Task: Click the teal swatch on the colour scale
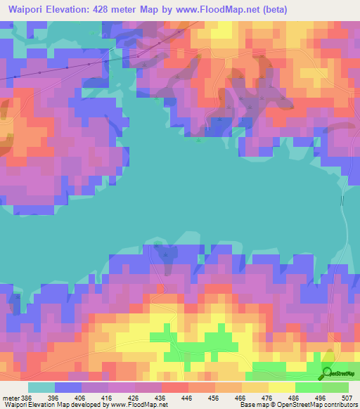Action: [x=41, y=387]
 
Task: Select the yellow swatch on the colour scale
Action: [x=282, y=387]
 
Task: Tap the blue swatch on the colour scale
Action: [x=68, y=387]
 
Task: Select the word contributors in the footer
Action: [x=341, y=404]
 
